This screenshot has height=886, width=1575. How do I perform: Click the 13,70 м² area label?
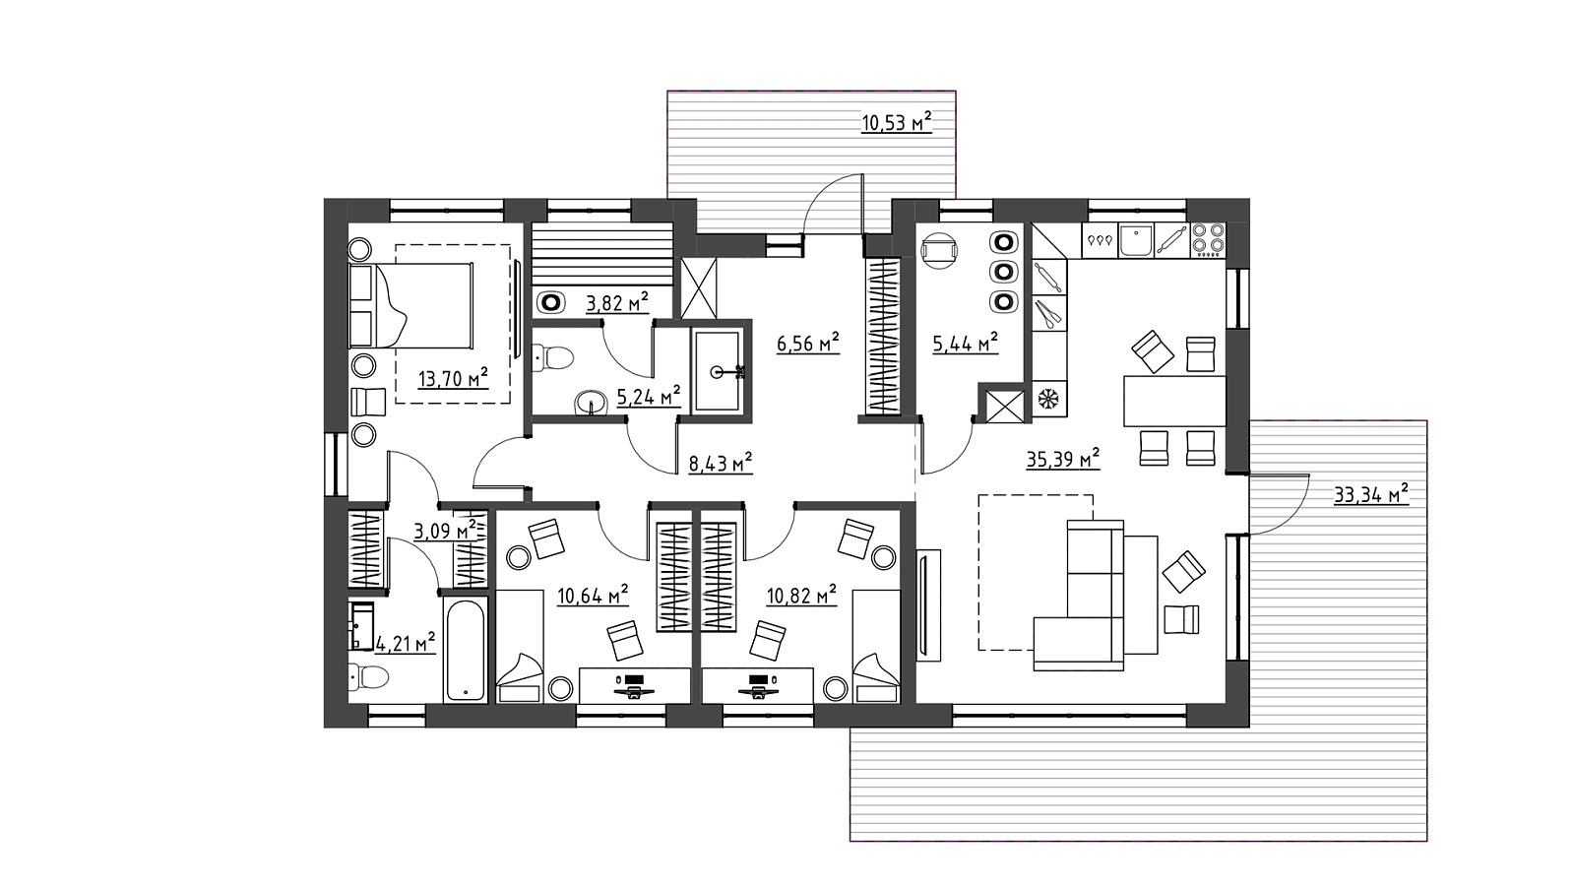point(453,378)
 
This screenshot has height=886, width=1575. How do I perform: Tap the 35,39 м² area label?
point(1062,459)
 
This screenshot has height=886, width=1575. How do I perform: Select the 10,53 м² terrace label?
point(897,122)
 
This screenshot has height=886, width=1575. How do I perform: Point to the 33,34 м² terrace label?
point(1371,493)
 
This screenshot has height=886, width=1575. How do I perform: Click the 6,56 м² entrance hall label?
point(808,344)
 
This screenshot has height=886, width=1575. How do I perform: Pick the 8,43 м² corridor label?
point(721,464)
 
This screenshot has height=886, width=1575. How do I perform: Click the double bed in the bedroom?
point(410,306)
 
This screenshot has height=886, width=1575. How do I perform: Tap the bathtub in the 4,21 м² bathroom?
point(466,650)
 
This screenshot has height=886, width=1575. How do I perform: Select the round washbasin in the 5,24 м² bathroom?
point(591,404)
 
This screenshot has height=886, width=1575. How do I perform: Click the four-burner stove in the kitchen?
point(1208,239)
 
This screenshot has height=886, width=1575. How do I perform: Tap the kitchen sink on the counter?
point(1136,240)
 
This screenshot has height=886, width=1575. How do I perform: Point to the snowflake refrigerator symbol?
point(1049,400)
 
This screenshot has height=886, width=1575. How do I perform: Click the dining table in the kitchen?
point(1174,401)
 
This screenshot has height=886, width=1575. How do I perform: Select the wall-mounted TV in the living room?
point(928,605)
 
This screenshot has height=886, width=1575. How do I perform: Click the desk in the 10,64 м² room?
point(634,685)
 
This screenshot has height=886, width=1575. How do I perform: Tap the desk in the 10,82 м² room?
point(757,685)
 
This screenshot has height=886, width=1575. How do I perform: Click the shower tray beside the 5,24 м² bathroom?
point(718,371)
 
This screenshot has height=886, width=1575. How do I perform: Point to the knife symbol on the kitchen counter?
point(1048,313)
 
